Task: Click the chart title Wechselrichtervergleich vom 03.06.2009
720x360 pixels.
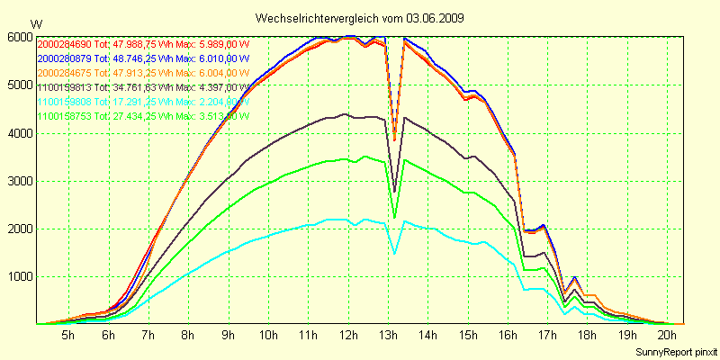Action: click(360, 18)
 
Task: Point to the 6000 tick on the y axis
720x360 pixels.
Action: click(19, 38)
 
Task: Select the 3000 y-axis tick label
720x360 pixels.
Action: click(19, 181)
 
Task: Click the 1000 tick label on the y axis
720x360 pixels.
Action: click(19, 276)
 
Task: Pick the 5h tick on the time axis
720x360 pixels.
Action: click(68, 335)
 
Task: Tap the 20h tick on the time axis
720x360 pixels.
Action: click(667, 335)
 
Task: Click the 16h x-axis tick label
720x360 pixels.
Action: click(507, 335)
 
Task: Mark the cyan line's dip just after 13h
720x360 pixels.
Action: click(394, 254)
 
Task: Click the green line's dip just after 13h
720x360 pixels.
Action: click(394, 217)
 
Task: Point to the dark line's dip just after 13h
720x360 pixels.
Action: click(394, 192)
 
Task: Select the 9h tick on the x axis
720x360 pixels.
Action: click(228, 335)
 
